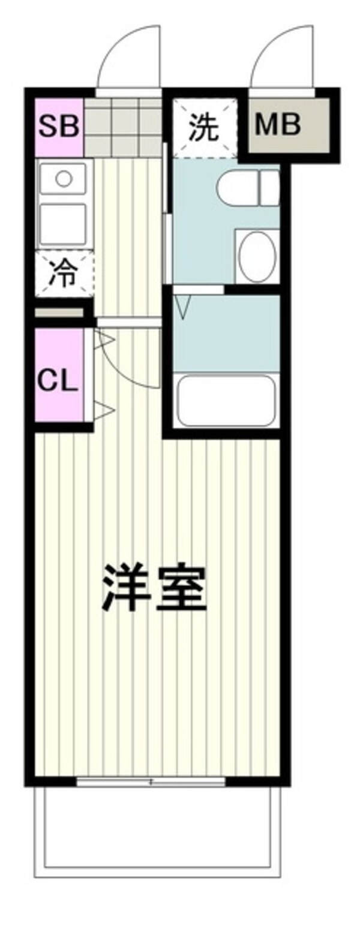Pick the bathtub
pyautogui.click(x=226, y=400)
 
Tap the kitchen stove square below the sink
pyautogui.click(x=63, y=224)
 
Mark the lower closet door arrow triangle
pyautogui.click(x=104, y=411)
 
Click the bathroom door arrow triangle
pyautogui.click(x=183, y=306)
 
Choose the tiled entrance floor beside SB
pyautogui.click(x=124, y=127)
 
